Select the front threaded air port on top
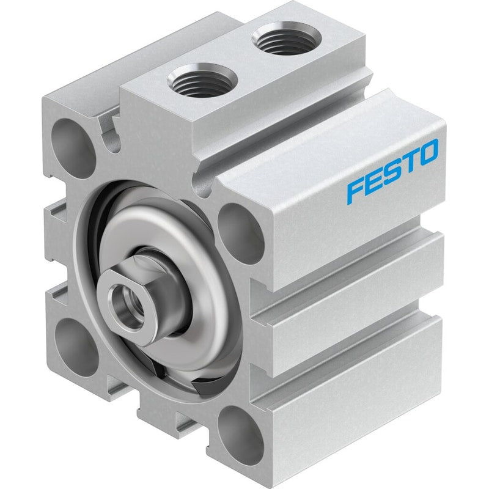[x=202, y=79]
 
